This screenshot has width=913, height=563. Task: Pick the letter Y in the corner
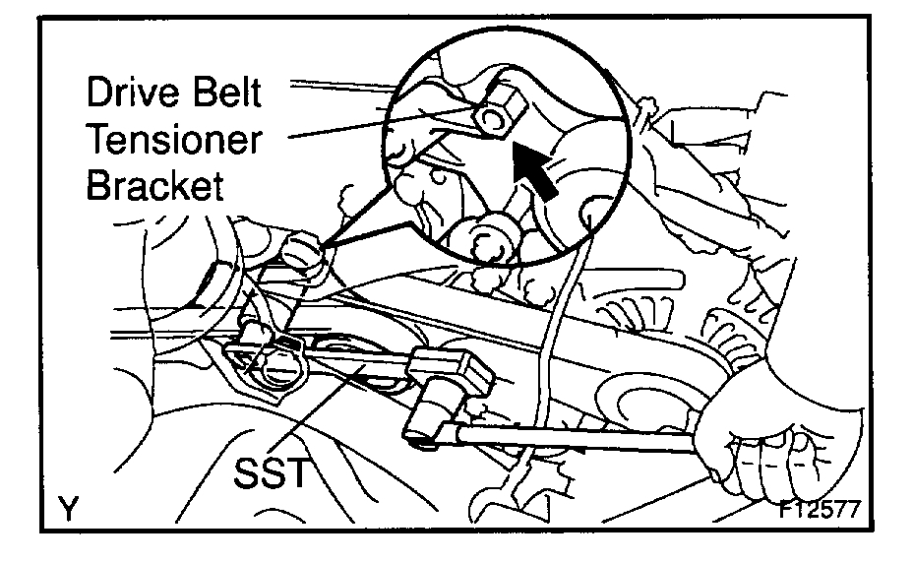(x=68, y=509)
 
